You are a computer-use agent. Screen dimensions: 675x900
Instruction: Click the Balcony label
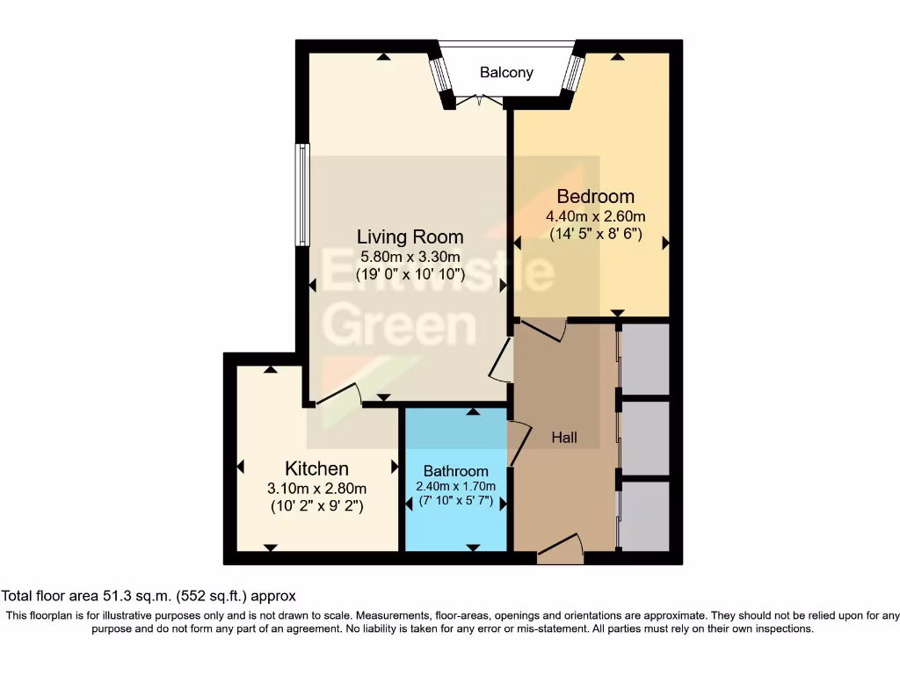click(x=506, y=73)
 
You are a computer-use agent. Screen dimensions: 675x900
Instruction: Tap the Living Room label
click(x=410, y=236)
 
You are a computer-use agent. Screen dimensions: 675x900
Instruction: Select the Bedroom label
click(x=595, y=196)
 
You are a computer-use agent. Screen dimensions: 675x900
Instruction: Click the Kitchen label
click(x=316, y=468)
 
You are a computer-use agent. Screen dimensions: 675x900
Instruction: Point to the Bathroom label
click(x=455, y=470)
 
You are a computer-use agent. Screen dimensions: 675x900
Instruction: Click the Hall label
click(x=564, y=437)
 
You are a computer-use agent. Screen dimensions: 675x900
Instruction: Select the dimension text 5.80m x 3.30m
click(x=410, y=257)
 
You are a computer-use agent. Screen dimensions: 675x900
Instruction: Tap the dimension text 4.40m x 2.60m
click(x=595, y=216)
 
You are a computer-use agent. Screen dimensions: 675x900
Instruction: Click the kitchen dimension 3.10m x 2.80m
click(x=316, y=489)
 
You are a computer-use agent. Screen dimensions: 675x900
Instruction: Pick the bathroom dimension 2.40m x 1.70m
click(x=455, y=487)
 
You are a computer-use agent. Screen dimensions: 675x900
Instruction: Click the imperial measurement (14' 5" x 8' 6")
click(x=595, y=235)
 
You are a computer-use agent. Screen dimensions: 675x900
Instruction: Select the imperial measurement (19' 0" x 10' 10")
click(x=410, y=274)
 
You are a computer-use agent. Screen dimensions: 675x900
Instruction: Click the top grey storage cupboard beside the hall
click(x=646, y=358)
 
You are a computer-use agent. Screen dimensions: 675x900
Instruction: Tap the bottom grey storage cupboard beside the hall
click(x=646, y=516)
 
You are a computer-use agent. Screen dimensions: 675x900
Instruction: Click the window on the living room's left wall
click(x=302, y=194)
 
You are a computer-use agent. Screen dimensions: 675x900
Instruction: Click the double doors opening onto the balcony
click(x=479, y=102)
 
